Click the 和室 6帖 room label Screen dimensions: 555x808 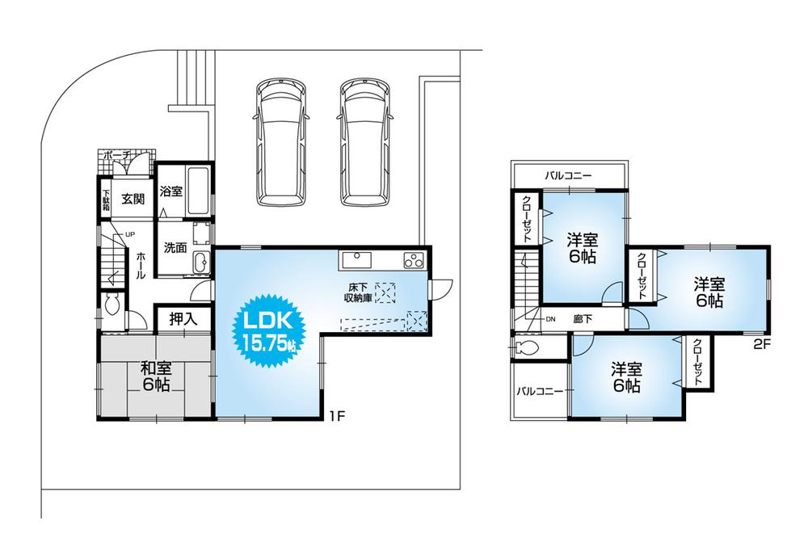[x=156, y=376]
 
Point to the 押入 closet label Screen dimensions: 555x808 [x=183, y=319]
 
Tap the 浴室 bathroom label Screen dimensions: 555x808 [x=170, y=192]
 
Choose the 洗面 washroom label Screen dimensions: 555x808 [x=175, y=248]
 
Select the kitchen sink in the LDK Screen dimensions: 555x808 [x=356, y=260]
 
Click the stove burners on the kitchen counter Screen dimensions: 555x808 [x=414, y=261]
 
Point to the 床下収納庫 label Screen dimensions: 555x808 [x=360, y=292]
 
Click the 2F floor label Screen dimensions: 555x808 [x=762, y=342]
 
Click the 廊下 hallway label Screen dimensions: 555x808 [x=582, y=319]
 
